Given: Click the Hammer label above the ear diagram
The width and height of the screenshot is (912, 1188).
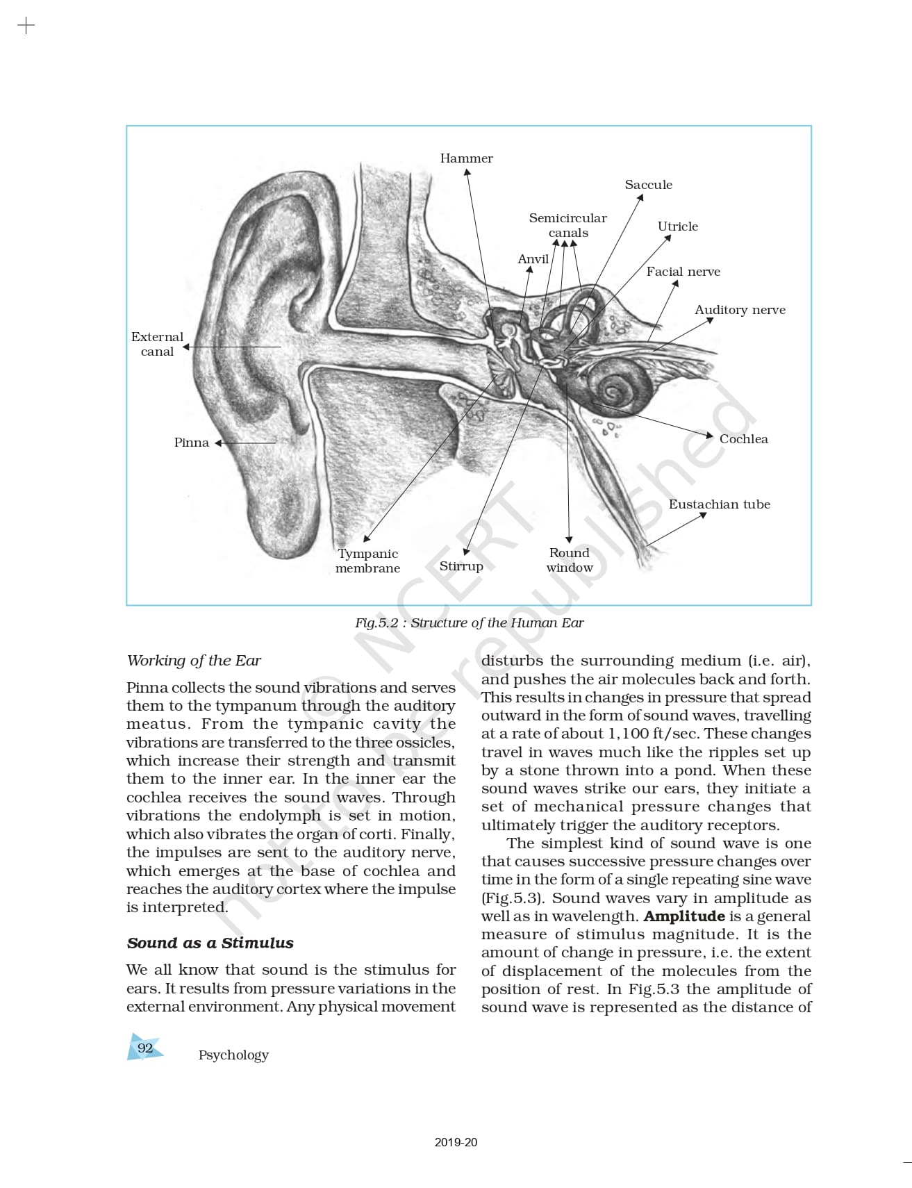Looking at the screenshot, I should (466, 158).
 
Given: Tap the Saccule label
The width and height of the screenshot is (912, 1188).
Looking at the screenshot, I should (648, 185).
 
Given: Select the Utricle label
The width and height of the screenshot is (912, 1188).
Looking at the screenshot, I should (677, 226).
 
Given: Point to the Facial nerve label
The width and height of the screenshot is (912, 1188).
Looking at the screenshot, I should (683, 272).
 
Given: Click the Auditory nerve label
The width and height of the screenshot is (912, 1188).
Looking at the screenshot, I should (740, 310).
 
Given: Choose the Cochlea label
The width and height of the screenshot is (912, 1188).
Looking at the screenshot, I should (743, 439).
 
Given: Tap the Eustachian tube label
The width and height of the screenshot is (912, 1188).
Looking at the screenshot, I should (719, 504).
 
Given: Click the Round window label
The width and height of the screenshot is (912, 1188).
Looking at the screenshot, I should (570, 560).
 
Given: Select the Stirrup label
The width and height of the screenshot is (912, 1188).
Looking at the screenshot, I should (461, 566).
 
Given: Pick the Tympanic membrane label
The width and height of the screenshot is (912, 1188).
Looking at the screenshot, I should (367, 561).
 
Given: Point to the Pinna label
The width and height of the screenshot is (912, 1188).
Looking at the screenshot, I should (191, 443).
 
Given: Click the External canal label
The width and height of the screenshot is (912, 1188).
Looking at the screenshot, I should (157, 344).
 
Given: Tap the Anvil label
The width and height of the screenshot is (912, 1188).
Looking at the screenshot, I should (533, 259).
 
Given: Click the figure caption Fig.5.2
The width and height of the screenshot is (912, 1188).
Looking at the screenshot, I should (469, 622).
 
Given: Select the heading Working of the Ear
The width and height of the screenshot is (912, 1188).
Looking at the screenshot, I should (194, 661).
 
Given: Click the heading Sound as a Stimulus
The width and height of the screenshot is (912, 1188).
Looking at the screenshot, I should (210, 943).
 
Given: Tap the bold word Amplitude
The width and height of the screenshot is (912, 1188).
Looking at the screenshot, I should (683, 916).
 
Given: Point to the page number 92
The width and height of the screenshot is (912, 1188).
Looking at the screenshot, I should (144, 1048).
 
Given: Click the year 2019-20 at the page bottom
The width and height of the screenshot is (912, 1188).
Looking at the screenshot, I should (456, 1142).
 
